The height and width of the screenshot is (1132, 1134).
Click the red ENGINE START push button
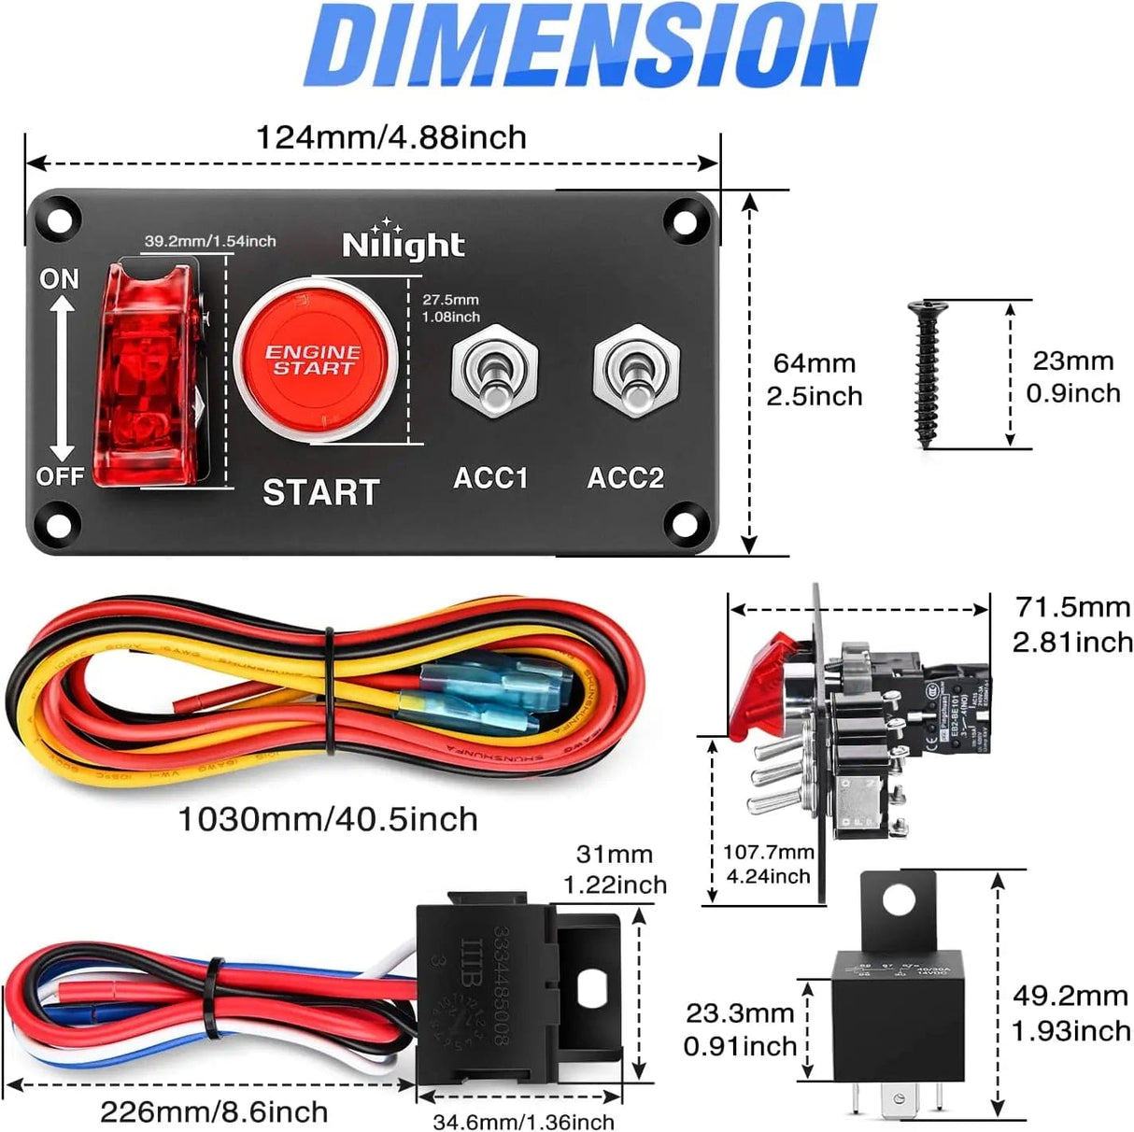tap(315, 361)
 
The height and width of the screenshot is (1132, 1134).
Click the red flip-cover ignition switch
tap(155, 374)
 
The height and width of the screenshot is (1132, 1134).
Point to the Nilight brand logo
tap(403, 244)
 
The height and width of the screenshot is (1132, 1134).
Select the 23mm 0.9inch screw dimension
tap(1072, 376)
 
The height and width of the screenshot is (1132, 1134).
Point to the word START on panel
tap(320, 492)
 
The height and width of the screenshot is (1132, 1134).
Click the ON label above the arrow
tap(59, 278)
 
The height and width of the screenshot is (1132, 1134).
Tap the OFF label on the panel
tap(60, 476)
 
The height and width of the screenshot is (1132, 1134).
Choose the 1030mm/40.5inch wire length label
tap(328, 819)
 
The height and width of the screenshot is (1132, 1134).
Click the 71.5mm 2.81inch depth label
tap(1072, 624)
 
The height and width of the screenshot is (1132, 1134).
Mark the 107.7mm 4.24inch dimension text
tap(768, 864)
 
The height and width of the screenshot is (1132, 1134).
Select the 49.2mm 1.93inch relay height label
tap(1070, 1013)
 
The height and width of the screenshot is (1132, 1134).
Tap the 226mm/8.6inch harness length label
tap(214, 1111)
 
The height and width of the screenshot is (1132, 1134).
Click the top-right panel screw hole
tap(686, 222)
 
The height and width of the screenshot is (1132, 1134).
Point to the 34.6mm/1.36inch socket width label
tap(523, 1122)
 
